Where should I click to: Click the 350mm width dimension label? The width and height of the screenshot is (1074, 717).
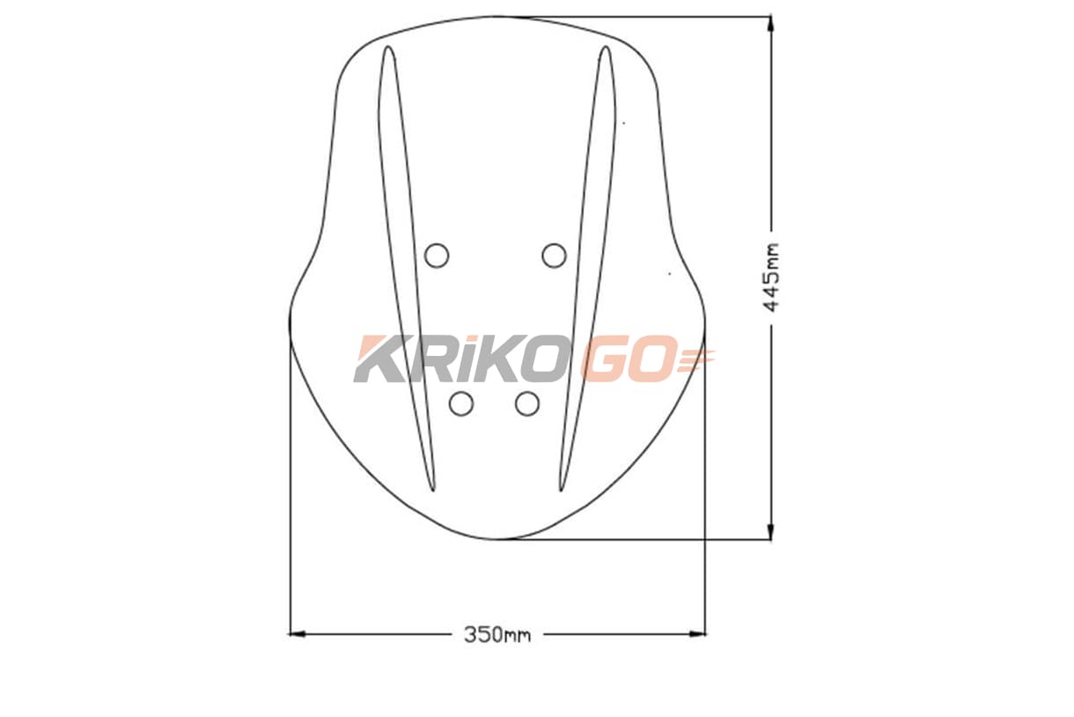point(497,635)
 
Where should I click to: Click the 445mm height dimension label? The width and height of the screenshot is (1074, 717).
point(770,277)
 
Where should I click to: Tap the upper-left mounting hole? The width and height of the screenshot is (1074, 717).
point(437,255)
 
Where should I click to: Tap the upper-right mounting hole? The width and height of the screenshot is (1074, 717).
point(554,255)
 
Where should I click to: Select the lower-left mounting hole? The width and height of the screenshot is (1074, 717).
point(461,403)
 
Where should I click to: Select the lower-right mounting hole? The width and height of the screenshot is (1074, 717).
point(527,403)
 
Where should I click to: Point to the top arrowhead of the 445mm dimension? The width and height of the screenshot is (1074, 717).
point(770,24)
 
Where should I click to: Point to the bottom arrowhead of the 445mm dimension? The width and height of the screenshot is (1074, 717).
point(770,531)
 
